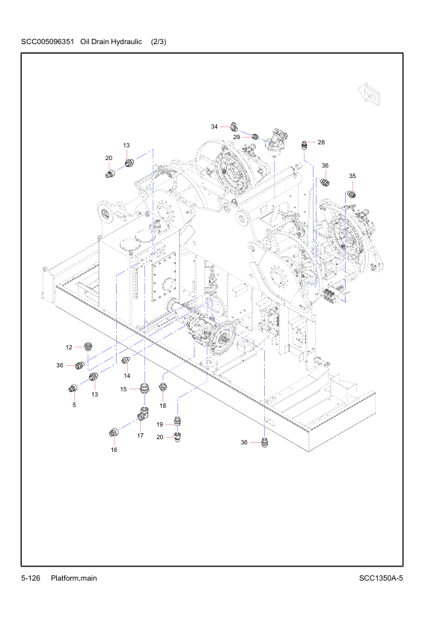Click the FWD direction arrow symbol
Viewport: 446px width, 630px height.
click(x=370, y=94)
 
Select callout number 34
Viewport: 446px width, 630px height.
click(x=214, y=126)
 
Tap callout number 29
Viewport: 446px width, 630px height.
click(x=236, y=137)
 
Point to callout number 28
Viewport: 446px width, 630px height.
click(x=321, y=142)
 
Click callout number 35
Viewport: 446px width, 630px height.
click(x=352, y=176)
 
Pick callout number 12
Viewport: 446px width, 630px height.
click(x=69, y=347)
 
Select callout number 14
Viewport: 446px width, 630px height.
click(x=127, y=376)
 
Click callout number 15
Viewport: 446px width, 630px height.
click(x=123, y=389)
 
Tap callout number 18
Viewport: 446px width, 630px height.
click(x=162, y=406)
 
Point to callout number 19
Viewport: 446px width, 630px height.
click(x=160, y=424)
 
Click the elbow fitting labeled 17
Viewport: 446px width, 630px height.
click(x=143, y=413)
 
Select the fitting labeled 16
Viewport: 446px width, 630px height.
click(x=114, y=432)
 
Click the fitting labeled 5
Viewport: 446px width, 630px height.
click(x=73, y=388)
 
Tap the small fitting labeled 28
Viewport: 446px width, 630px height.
click(x=305, y=144)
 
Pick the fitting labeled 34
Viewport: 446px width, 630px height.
click(x=235, y=127)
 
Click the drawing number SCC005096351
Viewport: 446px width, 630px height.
click(x=47, y=41)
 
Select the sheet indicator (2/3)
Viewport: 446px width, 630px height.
click(x=159, y=41)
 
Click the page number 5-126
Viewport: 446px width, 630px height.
click(x=31, y=578)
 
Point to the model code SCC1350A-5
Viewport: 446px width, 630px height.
click(x=381, y=578)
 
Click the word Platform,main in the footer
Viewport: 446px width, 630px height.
click(x=74, y=578)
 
